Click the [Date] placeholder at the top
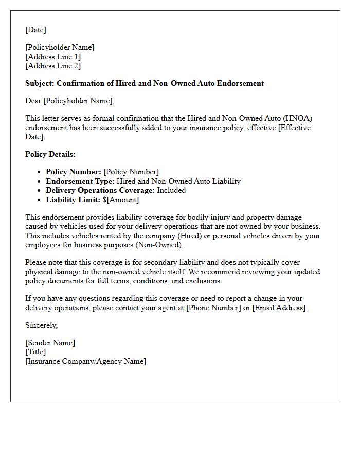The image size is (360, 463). [35, 30]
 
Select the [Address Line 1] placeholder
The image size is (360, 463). [53, 57]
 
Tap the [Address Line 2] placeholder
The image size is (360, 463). [53, 66]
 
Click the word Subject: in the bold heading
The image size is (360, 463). [40, 83]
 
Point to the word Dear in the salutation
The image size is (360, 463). [33, 101]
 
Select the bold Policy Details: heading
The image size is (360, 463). [50, 154]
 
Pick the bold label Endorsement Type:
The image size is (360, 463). [80, 181]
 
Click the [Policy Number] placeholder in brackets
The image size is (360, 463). [131, 172]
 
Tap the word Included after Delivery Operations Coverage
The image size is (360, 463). [171, 190]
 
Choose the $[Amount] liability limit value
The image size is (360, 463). [121, 200]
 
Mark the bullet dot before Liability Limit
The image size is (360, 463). [40, 200]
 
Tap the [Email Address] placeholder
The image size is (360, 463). [279, 308]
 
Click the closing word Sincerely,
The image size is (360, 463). [42, 325]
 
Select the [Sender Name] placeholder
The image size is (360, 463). [50, 343]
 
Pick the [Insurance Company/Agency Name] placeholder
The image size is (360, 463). [85, 361]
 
